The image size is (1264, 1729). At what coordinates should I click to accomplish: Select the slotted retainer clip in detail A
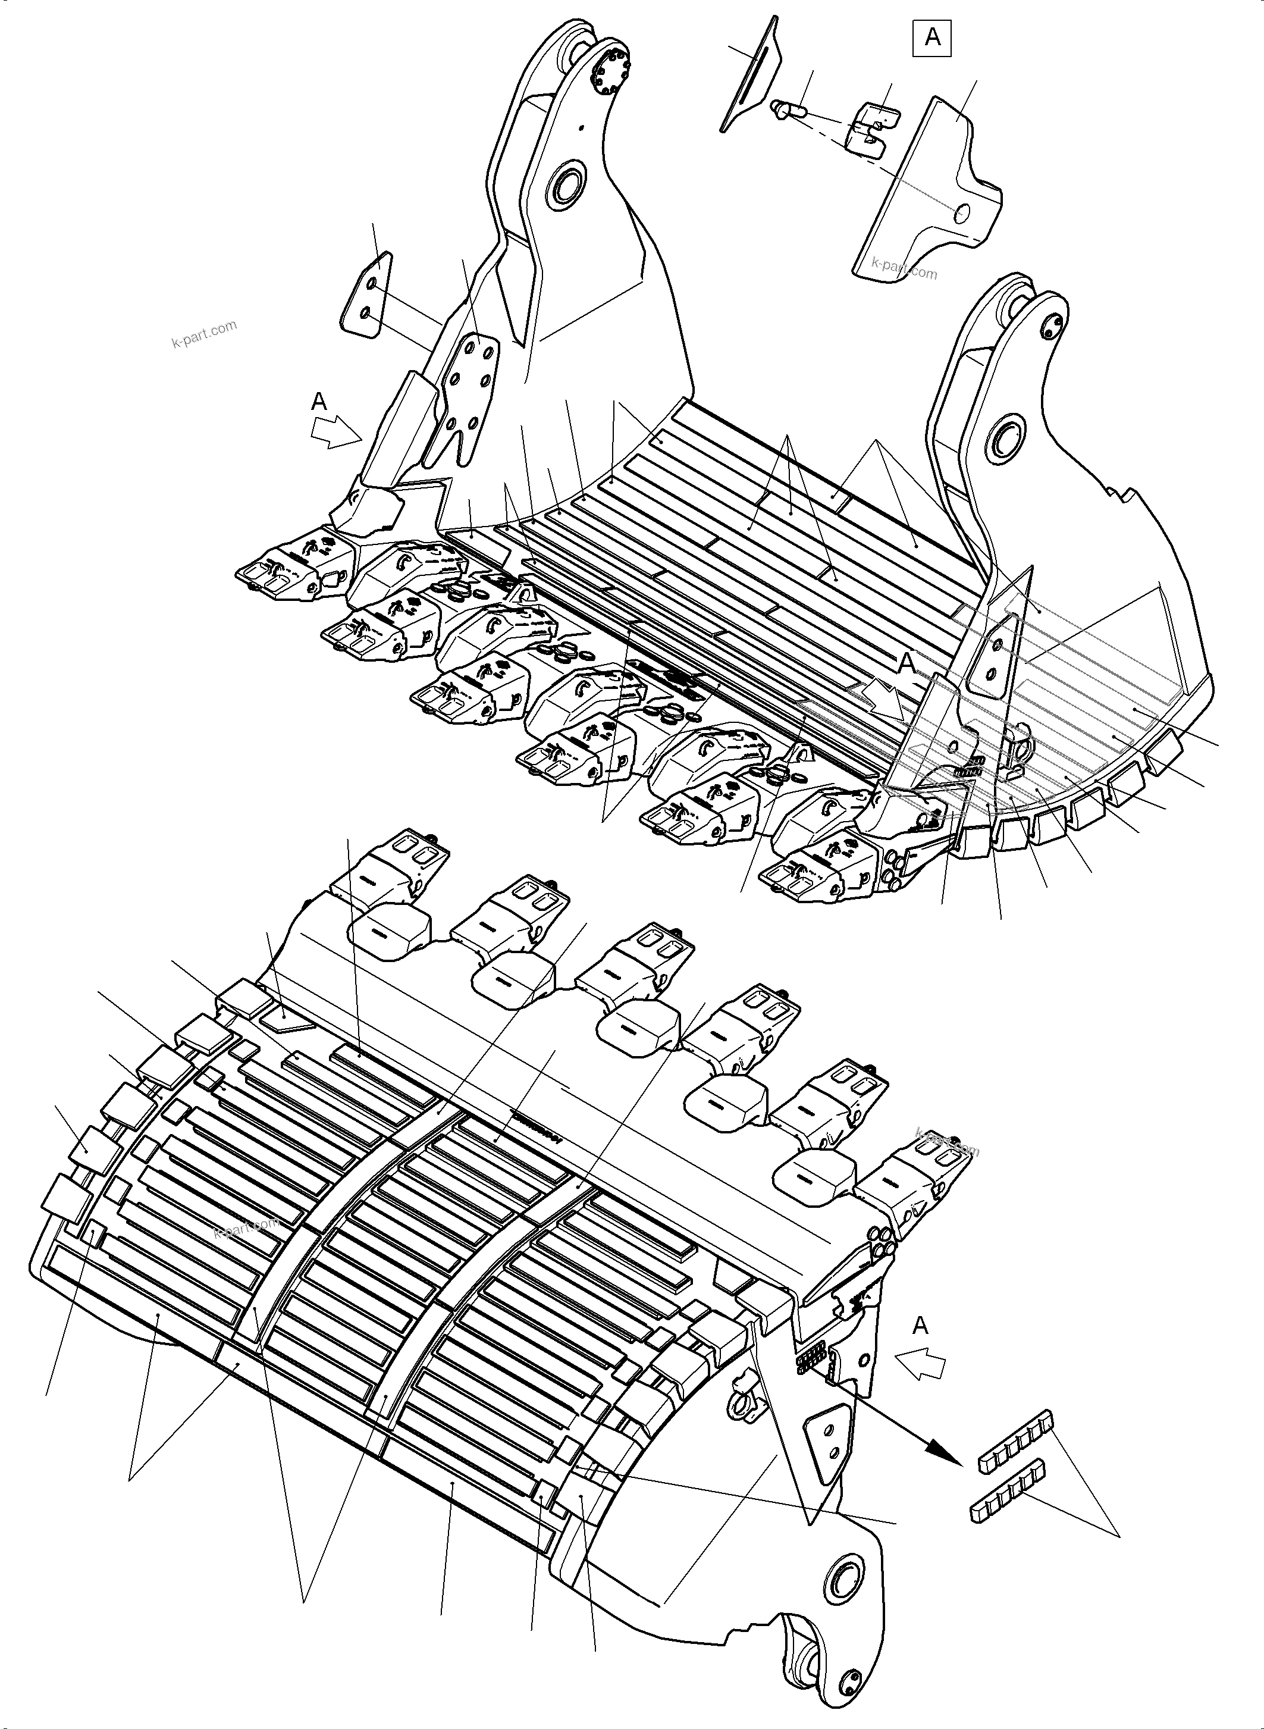point(871,126)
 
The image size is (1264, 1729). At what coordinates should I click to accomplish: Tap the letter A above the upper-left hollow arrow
point(319,400)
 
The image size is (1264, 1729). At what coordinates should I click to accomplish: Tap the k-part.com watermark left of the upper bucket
point(203,334)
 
